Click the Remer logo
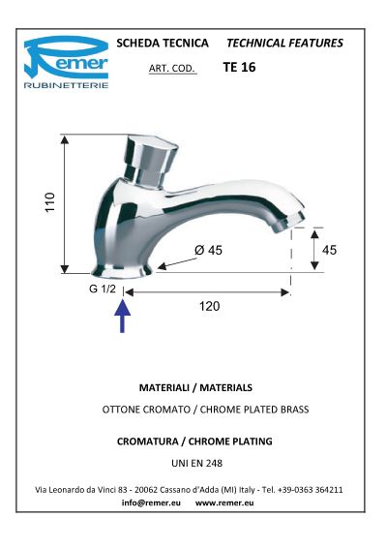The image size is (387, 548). (66, 62)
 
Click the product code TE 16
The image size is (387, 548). (239, 67)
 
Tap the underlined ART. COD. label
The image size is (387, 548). (172, 68)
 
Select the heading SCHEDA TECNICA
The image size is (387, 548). (163, 43)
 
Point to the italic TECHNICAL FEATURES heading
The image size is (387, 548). (284, 43)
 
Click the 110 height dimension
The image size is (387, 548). (50, 201)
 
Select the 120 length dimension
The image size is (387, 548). (210, 306)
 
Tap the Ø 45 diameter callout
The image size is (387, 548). (208, 250)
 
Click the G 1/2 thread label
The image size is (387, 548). (102, 289)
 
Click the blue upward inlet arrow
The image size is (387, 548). (122, 317)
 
